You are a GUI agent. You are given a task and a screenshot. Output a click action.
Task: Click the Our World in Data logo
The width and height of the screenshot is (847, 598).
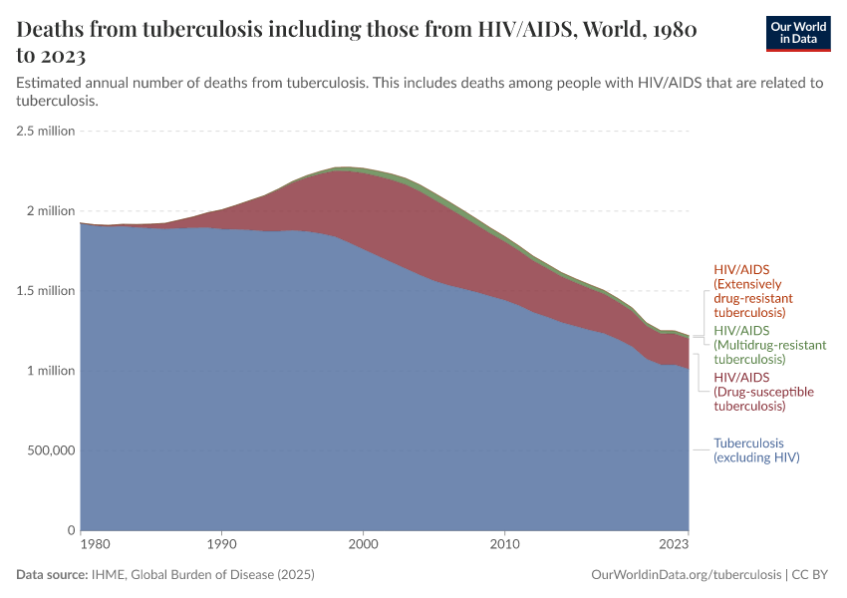[797, 33]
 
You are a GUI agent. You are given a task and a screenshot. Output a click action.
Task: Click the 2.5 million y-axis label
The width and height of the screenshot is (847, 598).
[46, 131]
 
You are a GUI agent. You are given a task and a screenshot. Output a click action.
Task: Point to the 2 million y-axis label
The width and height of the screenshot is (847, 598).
[51, 211]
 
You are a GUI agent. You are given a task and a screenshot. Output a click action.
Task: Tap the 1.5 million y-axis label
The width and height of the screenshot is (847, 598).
[46, 291]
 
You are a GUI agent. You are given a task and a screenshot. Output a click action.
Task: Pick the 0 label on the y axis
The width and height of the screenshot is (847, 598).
[71, 530]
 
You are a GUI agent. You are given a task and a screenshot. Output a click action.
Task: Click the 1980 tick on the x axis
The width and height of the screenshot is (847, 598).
[95, 545]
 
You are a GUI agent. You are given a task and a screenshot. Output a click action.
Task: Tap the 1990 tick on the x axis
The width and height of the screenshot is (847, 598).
[221, 545]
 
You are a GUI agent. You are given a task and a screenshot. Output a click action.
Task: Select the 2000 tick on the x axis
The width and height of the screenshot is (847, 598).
[364, 545]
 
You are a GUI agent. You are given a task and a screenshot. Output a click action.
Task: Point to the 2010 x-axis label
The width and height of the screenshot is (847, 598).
[505, 545]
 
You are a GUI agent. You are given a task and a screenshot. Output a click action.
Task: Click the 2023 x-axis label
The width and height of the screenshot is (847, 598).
[674, 545]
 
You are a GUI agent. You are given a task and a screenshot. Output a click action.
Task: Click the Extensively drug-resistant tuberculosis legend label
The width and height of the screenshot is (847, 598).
[755, 291]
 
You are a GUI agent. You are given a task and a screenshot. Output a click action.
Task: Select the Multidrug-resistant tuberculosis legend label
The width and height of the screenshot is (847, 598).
[769, 344]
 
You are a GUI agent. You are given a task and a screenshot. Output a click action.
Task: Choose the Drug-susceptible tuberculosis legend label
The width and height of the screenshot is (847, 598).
[763, 392]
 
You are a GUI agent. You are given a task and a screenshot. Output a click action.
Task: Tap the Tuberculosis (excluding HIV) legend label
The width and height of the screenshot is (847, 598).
[756, 450]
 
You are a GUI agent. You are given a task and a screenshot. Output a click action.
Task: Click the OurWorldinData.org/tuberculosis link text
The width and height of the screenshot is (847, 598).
[687, 575]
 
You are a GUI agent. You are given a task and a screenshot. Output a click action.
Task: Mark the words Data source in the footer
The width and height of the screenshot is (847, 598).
[52, 575]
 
